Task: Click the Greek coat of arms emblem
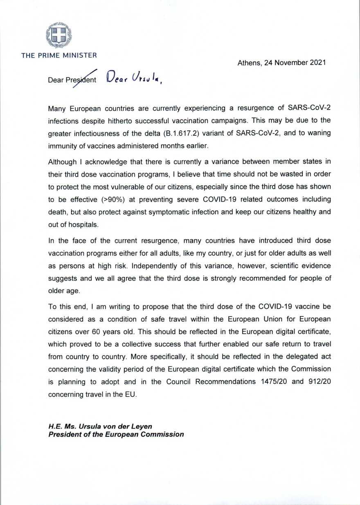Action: click(x=59, y=35)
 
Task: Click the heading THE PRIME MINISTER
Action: click(x=59, y=55)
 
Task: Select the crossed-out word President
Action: click(x=81, y=80)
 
